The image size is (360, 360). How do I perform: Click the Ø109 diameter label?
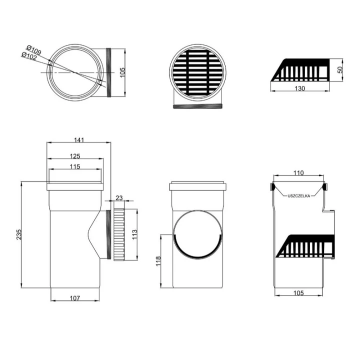coord(34,50)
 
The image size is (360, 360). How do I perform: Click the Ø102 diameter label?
coord(29,56)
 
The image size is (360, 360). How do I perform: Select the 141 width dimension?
coord(79,140)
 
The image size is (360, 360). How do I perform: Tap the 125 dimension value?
coord(75,156)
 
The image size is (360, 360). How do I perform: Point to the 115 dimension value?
coord(75,166)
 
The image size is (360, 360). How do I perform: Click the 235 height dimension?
coord(19,234)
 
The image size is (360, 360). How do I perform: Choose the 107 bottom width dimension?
coord(75,298)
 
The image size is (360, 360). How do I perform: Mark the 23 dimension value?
coord(119,197)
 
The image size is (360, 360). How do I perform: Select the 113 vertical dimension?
coord(134,234)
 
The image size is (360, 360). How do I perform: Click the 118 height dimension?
coord(158,261)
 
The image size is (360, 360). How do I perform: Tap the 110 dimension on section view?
coord(298,172)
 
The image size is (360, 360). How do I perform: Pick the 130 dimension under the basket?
coord(300,88)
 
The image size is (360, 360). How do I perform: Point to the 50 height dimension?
coord(340,69)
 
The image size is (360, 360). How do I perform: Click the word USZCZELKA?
coord(298,196)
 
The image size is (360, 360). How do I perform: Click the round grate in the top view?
coord(197,72)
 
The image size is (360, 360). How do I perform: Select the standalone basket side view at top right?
coord(300,70)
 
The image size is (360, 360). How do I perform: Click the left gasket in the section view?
coord(272,186)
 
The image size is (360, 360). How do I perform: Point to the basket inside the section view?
coord(305,246)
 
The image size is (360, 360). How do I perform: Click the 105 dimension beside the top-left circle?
coord(122,72)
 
